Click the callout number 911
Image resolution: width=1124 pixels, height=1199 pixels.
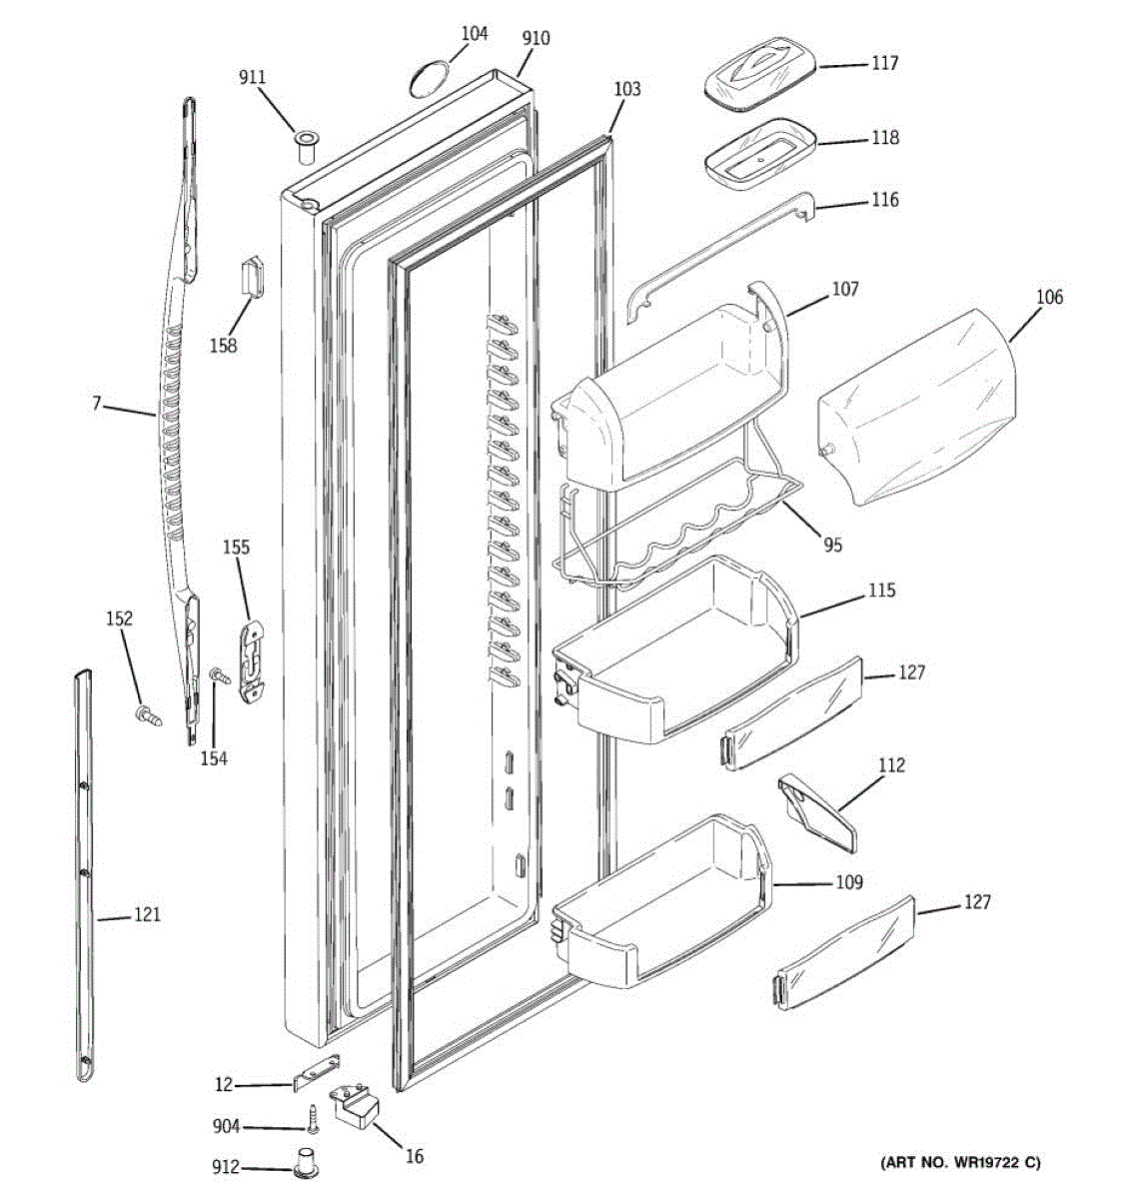point(253,76)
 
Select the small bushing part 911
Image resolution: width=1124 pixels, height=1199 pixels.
point(305,147)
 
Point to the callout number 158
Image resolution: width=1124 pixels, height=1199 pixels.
point(224,345)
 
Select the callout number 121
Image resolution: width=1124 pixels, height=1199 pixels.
point(147,914)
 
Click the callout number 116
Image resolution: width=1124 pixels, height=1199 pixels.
point(884,200)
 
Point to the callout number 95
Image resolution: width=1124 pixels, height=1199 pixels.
point(832,545)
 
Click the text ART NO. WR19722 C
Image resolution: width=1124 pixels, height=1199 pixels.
point(959,1162)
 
